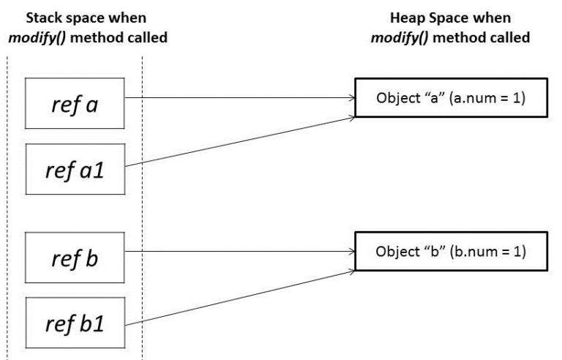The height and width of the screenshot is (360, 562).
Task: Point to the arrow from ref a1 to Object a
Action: (x=241, y=142)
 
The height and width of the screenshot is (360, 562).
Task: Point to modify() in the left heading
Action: (x=34, y=37)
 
